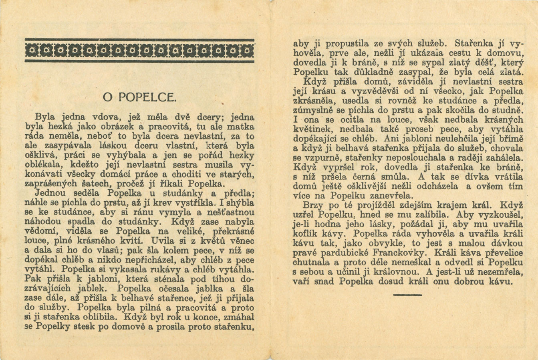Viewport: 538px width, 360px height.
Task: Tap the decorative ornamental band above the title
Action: (x=139, y=51)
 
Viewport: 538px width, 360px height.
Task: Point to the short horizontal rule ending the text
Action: (x=407, y=295)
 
